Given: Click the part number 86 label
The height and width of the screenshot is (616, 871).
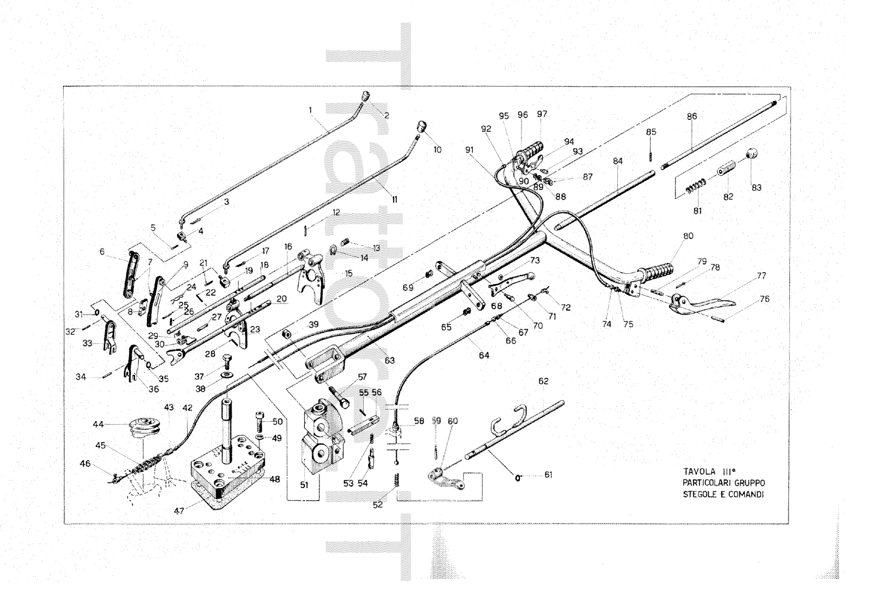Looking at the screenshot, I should tap(692, 116).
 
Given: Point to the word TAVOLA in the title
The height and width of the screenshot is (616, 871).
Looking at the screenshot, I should tap(699, 472).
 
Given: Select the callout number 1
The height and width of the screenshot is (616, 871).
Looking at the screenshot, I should tap(310, 110).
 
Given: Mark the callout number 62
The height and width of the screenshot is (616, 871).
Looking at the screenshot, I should tap(543, 381).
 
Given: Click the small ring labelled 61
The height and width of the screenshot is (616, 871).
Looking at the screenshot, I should tap(518, 477).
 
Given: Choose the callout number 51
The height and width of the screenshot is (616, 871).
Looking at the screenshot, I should tap(304, 484).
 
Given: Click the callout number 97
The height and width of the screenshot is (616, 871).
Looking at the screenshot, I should tap(542, 114).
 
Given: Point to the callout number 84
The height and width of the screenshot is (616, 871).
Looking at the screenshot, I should tap(617, 161).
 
